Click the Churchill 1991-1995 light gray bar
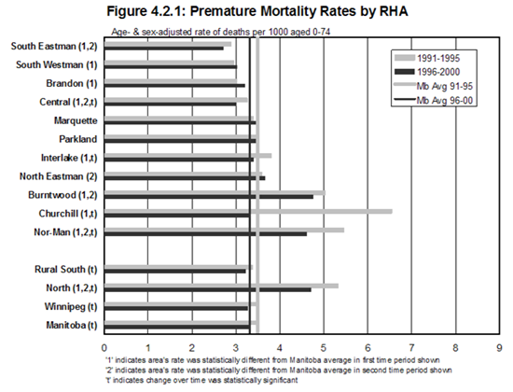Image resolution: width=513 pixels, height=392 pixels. (248, 211)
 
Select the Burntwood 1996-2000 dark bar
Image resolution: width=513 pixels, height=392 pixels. (209, 197)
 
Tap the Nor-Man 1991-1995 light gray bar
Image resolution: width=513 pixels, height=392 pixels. (224, 230)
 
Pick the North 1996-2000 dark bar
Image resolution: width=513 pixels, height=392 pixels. (208, 290)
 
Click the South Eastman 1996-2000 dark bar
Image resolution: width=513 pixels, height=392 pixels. (164, 49)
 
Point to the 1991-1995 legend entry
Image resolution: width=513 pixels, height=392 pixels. (427, 58)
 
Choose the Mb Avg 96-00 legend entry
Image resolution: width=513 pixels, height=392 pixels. (433, 100)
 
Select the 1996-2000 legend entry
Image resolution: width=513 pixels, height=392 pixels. (427, 72)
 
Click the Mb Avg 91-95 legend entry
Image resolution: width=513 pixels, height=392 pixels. (433, 86)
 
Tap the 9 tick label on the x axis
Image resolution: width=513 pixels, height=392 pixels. (499, 347)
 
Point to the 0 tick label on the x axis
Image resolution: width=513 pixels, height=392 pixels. (104, 347)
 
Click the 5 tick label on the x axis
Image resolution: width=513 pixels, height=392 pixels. (324, 347)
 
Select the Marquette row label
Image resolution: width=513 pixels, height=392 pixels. (76, 120)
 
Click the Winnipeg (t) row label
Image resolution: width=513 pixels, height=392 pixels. (71, 306)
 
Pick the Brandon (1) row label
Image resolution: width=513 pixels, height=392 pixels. (72, 83)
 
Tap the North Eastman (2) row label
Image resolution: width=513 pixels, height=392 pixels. (59, 176)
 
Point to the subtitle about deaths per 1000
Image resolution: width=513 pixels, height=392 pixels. (221, 32)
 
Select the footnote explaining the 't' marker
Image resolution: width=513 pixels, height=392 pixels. (201, 380)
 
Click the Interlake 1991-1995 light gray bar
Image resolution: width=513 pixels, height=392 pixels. (187, 156)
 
